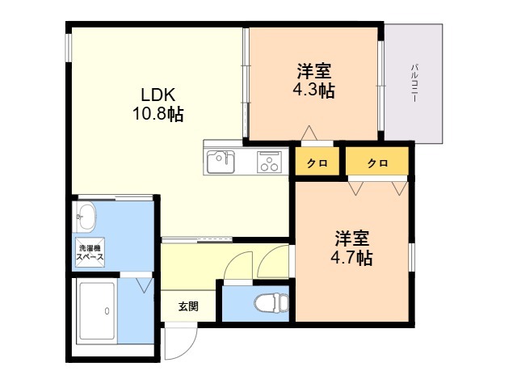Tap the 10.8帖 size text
tap(158, 114)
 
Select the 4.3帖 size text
tap(313, 91)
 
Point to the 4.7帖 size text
tap(351, 259)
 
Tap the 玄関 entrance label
tap(188, 306)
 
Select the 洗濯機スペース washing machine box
tap(90, 251)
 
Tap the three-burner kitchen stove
tap(268, 162)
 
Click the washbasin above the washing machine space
tap(86, 215)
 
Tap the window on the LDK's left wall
tap(69, 46)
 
